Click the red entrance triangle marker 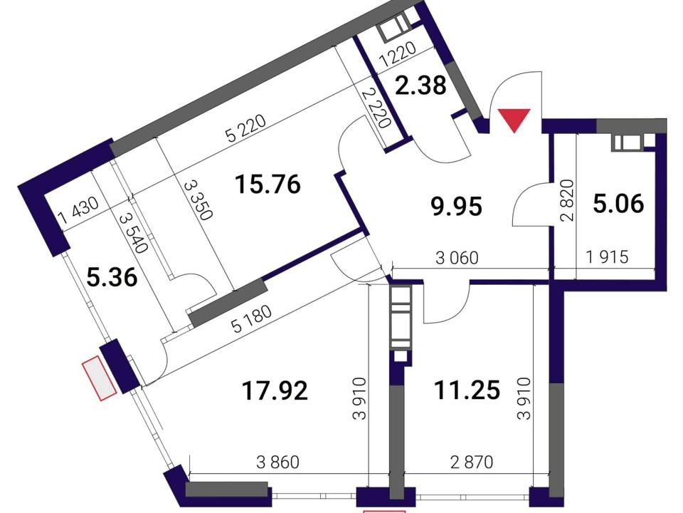pyautogui.click(x=514, y=120)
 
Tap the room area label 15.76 pyautogui.click(x=268, y=184)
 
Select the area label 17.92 pyautogui.click(x=275, y=390)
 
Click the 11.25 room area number pyautogui.click(x=467, y=390)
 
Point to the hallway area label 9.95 pyautogui.click(x=456, y=206)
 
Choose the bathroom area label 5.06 pyautogui.click(x=618, y=203)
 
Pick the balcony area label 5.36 pyautogui.click(x=112, y=277)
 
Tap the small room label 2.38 pyautogui.click(x=420, y=85)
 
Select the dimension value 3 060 pyautogui.click(x=457, y=258)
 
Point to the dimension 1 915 pyautogui.click(x=608, y=257)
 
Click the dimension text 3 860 pyautogui.click(x=278, y=462)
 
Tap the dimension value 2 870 pyautogui.click(x=472, y=462)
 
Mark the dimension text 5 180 pyautogui.click(x=252, y=319)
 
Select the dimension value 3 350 pyautogui.click(x=198, y=199)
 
